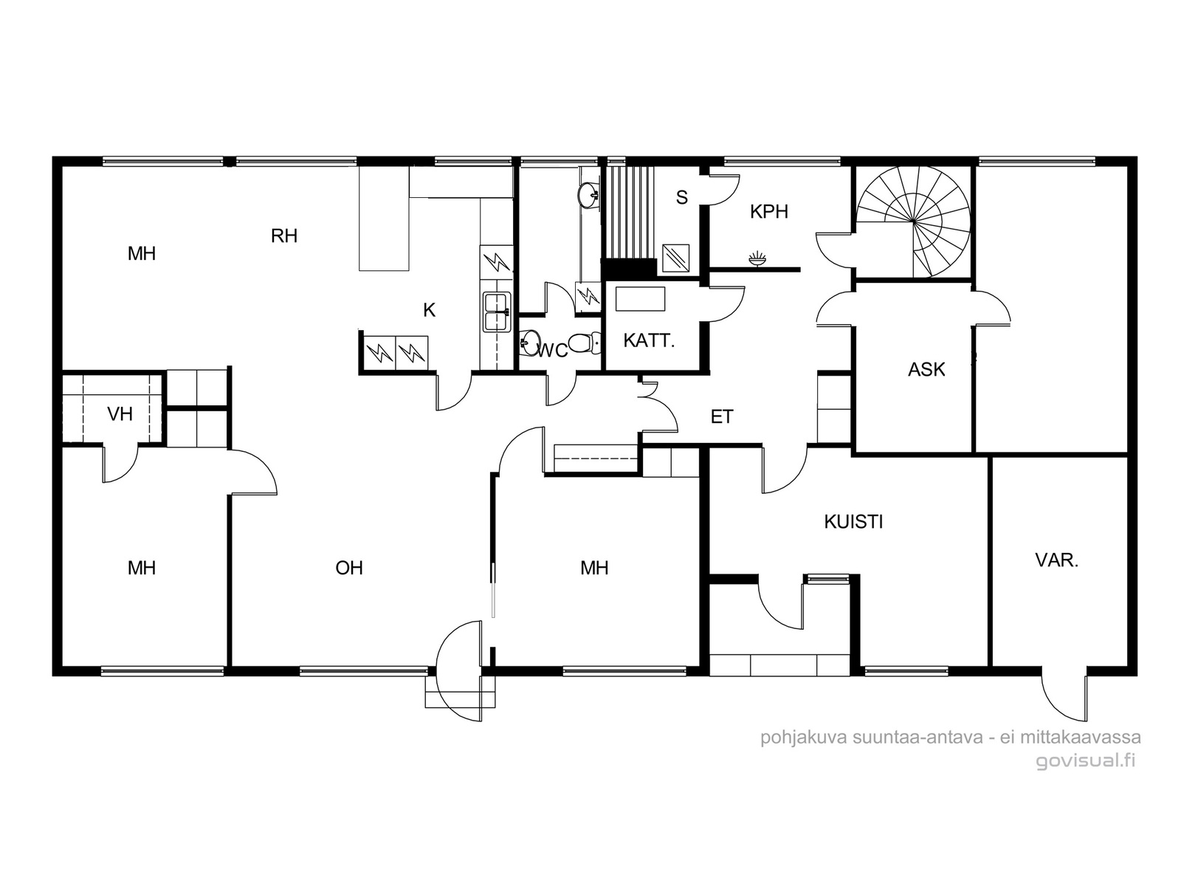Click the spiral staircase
(x=913, y=221)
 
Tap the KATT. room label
(x=649, y=340)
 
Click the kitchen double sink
(x=497, y=312)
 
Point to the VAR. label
(x=1057, y=560)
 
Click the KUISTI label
(x=853, y=522)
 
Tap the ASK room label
(x=926, y=370)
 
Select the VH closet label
(x=120, y=414)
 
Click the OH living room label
(x=349, y=568)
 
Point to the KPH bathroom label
(x=769, y=212)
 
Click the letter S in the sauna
(x=682, y=198)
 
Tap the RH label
(x=284, y=236)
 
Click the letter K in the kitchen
(x=429, y=310)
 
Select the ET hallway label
(x=722, y=417)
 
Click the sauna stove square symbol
(x=676, y=258)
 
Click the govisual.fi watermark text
(x=1085, y=760)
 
